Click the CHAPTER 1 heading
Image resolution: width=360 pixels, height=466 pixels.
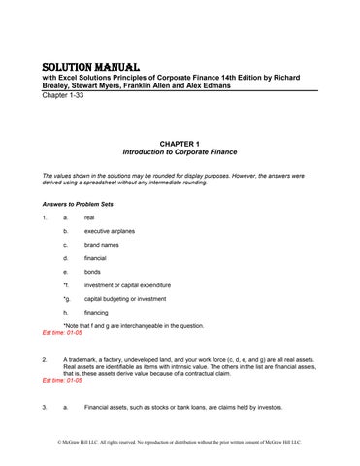[180, 143]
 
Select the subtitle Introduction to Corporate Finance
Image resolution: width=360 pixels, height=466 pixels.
[180, 152]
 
